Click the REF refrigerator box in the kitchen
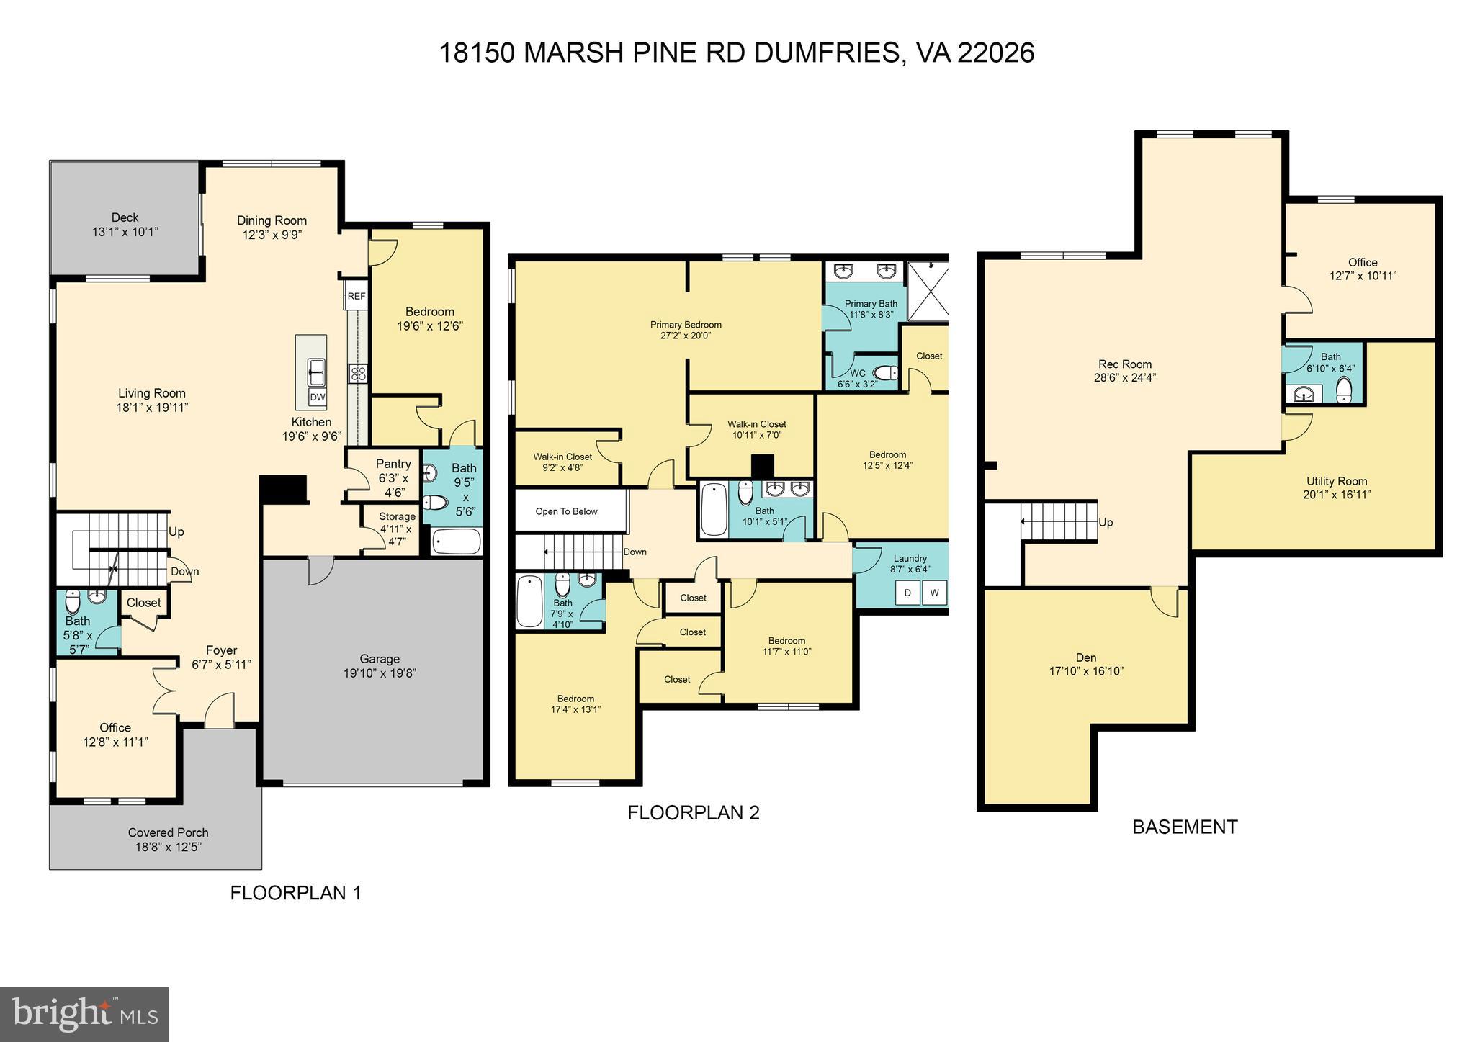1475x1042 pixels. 356,296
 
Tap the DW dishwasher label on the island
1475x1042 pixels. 318,397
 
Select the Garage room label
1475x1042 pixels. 380,659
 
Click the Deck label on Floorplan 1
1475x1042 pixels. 125,217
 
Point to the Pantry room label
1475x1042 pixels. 393,464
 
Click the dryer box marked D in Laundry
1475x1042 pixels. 907,593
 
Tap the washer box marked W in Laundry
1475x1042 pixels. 934,593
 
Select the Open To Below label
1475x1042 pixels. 567,511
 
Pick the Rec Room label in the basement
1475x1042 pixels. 1124,364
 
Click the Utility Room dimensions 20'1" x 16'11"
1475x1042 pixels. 1336,495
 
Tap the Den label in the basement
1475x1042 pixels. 1085,657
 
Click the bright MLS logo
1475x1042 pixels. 84,1014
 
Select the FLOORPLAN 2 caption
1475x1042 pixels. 693,812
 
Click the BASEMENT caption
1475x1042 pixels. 1184,827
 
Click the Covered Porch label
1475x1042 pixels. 168,832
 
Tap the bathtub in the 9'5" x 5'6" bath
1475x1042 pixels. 457,542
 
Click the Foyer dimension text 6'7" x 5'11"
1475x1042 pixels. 221,665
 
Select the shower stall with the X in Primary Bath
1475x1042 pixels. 928,292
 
